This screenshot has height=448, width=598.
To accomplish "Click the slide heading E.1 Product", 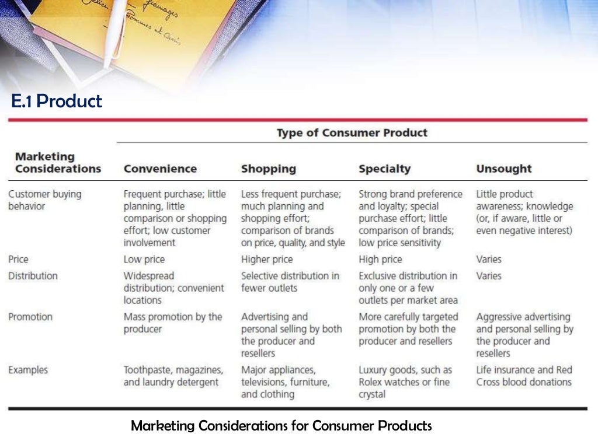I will point(57,101).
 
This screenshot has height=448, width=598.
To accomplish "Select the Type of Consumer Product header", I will point(352,132).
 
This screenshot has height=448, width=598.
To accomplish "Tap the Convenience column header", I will point(160,169).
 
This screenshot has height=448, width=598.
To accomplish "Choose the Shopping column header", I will point(268,169).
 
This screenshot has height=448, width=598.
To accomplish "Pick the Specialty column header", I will point(384,169).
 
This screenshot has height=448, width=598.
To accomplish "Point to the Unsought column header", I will point(503,169).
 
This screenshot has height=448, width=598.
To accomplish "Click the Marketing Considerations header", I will point(57,163).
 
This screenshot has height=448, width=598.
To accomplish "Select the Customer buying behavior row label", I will point(44,199).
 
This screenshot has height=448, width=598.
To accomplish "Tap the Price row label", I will point(18,259).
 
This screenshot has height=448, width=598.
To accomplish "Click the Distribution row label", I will point(33,275).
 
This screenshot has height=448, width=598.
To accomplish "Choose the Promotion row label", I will point(30,317).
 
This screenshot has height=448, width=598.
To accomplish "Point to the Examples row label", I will point(28,370).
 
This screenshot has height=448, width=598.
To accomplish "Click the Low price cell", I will point(144,259).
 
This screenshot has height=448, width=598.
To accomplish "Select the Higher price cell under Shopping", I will point(267,259).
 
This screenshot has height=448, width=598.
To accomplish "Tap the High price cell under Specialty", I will point(380,259).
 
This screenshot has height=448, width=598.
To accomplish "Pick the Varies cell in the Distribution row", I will point(489,275).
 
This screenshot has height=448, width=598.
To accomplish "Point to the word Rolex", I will point(371,382).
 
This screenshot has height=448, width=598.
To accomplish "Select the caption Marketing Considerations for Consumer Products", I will point(281,426).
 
